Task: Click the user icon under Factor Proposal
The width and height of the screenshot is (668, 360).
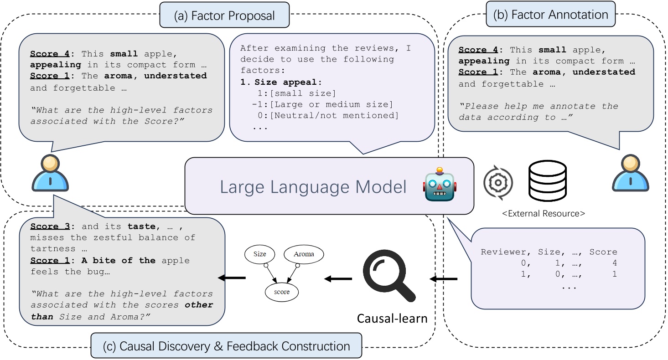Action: click(50, 173)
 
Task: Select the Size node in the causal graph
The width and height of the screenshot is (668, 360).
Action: click(259, 254)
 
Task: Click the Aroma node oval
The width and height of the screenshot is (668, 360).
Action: click(304, 254)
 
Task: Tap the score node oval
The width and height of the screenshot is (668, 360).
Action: click(282, 292)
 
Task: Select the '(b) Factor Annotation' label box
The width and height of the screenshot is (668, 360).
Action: click(550, 15)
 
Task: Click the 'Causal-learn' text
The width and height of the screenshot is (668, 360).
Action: click(392, 318)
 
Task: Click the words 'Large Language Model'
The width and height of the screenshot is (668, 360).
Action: click(313, 187)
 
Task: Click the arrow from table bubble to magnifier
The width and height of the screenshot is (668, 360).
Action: click(443, 278)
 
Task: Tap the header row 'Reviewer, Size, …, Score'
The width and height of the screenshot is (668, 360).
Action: click(549, 252)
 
